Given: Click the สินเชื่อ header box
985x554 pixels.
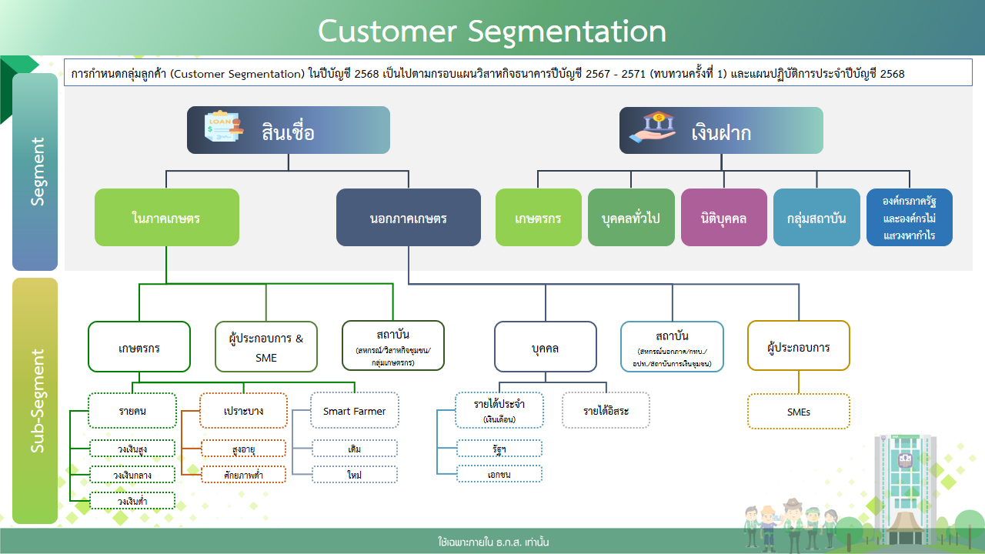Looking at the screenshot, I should (x=289, y=131).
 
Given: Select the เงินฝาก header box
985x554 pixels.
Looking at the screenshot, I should (x=721, y=131).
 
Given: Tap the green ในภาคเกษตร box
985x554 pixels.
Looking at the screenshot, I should (x=166, y=218).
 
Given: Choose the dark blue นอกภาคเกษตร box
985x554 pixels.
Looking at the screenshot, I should (x=408, y=218).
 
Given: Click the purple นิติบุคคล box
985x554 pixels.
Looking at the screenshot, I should (x=724, y=218).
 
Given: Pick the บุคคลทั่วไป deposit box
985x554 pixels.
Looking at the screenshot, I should (x=631, y=218).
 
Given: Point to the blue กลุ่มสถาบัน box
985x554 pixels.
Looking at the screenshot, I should (x=816, y=218).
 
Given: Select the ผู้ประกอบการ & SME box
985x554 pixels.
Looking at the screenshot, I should (x=266, y=346).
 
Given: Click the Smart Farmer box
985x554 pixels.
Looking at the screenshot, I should (x=354, y=411).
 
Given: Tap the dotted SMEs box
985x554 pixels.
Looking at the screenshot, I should (x=799, y=412).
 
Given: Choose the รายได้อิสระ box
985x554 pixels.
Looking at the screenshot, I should (x=606, y=411).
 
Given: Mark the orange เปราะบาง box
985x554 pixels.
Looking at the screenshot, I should (x=243, y=411).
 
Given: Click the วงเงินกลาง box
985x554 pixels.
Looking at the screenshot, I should (x=132, y=475).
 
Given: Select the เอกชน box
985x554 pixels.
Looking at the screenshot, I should (x=500, y=474).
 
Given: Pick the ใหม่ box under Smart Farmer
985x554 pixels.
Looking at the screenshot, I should (x=355, y=474).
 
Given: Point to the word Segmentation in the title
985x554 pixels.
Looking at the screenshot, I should (x=566, y=31).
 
